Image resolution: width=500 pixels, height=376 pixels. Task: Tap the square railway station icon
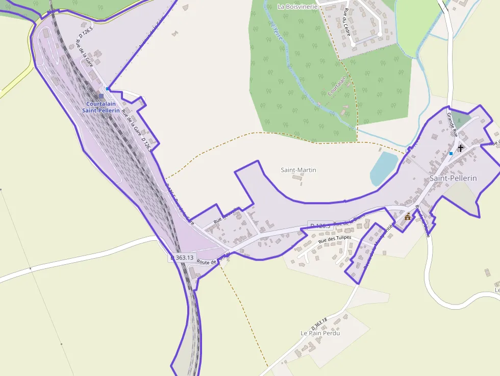pos(101,95)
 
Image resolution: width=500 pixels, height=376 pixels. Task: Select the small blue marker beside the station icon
pos(107,88)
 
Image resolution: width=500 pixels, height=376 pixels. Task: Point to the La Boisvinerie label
pos(297,7)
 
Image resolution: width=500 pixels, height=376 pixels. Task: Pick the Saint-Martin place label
pos(298,169)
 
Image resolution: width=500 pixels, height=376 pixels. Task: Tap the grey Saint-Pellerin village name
pos(453,178)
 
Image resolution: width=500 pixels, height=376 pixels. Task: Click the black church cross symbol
pos(461,148)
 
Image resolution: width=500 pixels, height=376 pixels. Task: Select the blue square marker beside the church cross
pos(451,153)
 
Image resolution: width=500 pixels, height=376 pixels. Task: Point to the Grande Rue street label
pos(453,124)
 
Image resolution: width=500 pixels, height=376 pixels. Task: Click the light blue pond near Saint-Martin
pos(383,168)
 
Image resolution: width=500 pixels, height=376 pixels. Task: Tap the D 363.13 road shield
pos(182,258)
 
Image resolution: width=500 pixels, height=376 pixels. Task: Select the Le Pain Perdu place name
pos(320,333)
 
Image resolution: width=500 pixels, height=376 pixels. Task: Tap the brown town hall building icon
pos(408,217)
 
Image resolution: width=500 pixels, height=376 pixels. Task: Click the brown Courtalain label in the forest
pos(337,86)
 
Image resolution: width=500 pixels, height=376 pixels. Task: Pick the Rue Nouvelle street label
pos(226,216)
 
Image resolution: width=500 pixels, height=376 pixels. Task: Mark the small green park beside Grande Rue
pos(462,121)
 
